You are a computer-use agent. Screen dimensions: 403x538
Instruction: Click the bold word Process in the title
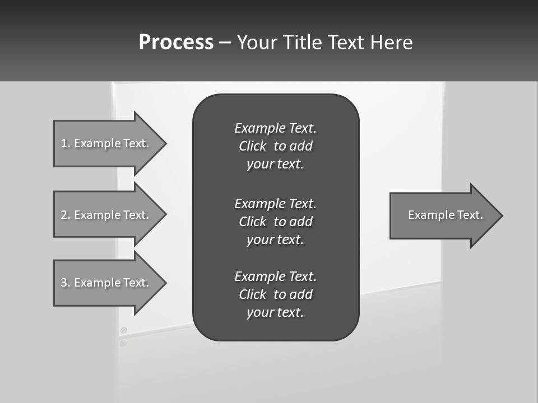(x=176, y=43)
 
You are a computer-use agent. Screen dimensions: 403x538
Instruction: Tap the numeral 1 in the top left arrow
(x=64, y=143)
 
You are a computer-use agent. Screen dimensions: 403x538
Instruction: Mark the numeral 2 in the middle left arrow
(x=64, y=215)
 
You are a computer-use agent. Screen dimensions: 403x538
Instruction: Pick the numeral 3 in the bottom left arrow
(x=64, y=283)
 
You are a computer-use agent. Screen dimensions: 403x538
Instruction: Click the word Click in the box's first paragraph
(x=253, y=147)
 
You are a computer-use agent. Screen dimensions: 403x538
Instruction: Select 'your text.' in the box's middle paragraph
(x=275, y=240)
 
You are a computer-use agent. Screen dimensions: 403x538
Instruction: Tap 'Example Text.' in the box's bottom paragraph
(x=275, y=277)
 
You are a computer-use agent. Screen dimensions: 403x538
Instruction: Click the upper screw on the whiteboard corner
(x=124, y=330)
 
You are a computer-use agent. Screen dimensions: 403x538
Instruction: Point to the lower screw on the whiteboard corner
(x=123, y=343)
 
